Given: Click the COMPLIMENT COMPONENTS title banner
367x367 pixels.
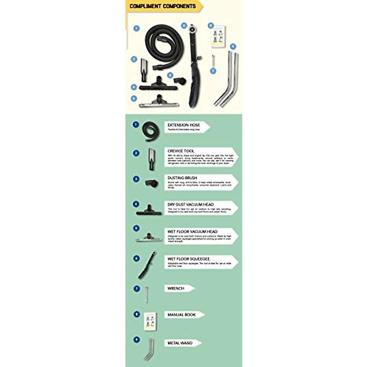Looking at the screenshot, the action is [x=163, y=6].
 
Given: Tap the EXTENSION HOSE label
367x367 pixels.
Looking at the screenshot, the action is [x=184, y=125].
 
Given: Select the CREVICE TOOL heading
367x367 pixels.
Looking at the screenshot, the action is [x=181, y=151].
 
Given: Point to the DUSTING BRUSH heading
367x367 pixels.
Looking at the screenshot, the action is [x=182, y=178].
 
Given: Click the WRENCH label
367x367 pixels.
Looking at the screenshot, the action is [x=176, y=288].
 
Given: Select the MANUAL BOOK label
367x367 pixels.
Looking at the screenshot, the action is [x=181, y=314].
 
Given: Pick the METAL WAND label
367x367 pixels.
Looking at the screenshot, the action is [x=180, y=343].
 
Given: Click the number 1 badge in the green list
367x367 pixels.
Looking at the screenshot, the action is [x=136, y=125].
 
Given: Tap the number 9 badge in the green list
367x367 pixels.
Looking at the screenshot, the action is [x=136, y=340].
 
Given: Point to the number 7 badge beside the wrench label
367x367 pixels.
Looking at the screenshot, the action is [x=136, y=288].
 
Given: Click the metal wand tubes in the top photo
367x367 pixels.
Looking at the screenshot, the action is [x=228, y=80].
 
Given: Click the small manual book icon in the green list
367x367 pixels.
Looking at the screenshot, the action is [x=150, y=321].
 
